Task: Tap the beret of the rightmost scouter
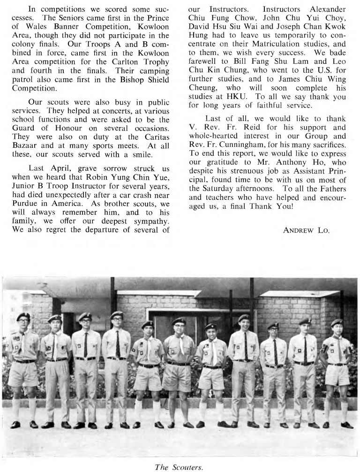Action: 337,322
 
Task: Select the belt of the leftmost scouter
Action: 24,361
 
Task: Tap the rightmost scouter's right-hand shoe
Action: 347,425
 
